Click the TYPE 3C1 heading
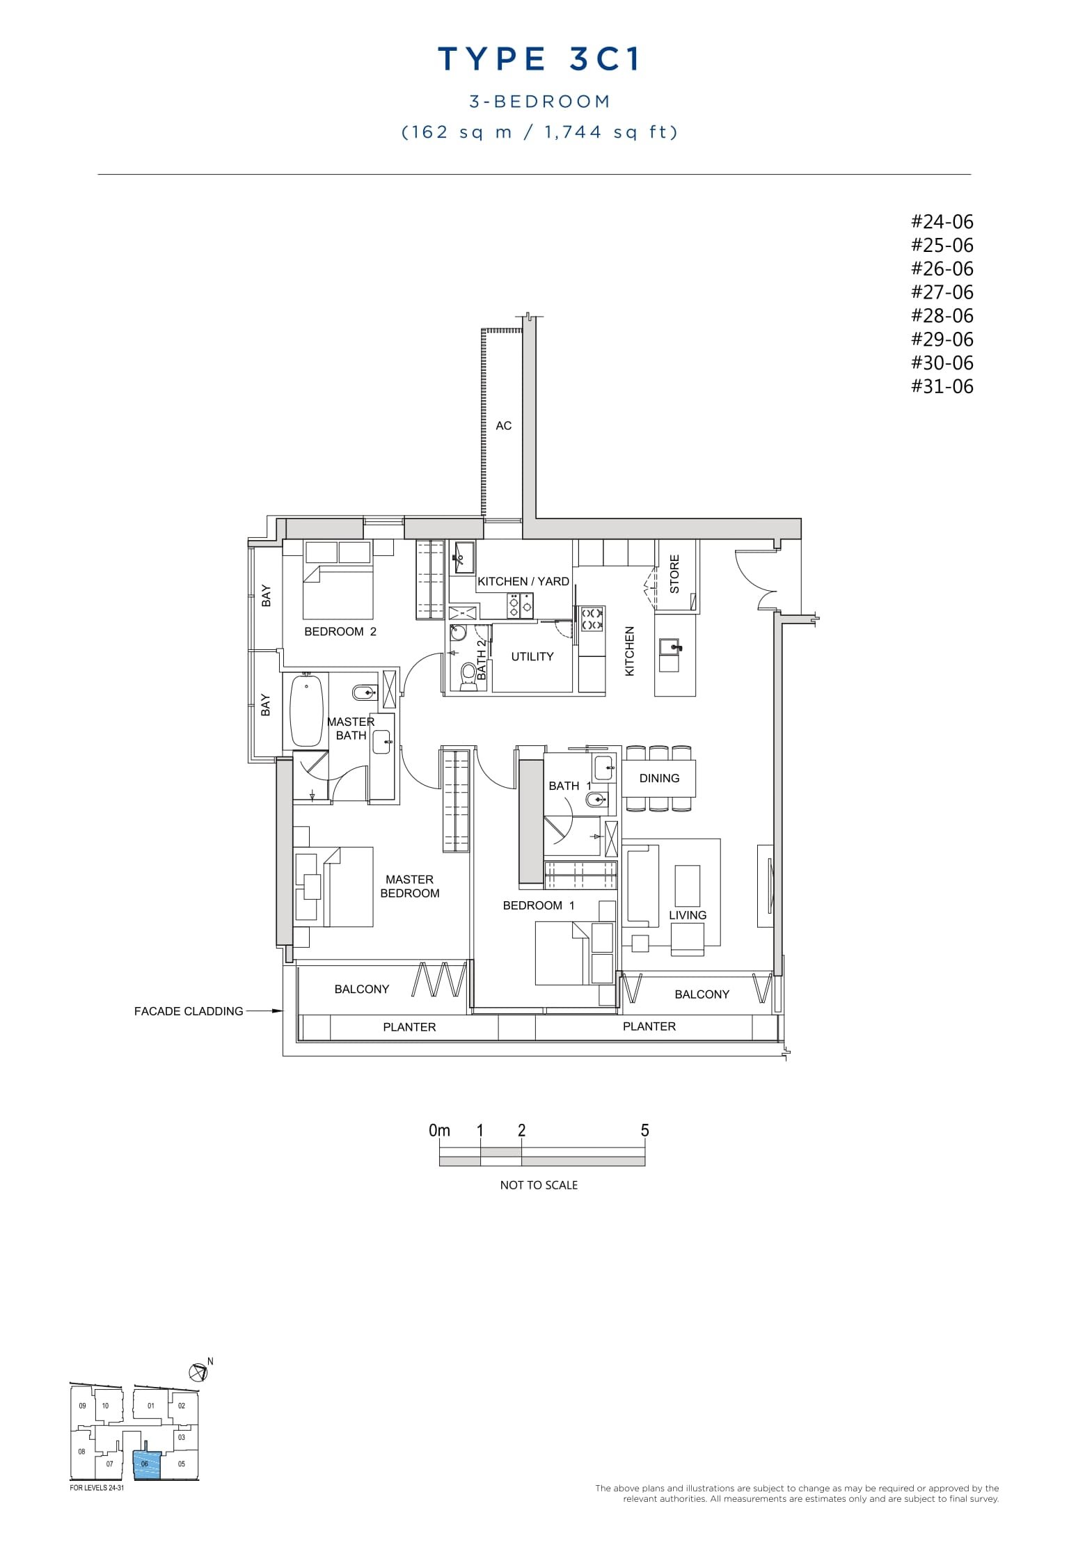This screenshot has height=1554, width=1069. click(x=539, y=60)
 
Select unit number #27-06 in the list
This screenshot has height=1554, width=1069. click(x=942, y=292)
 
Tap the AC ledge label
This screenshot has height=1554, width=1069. click(x=503, y=426)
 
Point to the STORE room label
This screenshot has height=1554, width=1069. click(x=674, y=574)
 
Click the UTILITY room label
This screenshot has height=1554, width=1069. click(x=532, y=656)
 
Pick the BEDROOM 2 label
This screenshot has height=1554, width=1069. click(x=340, y=632)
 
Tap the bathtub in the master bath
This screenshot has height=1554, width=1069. click(x=307, y=709)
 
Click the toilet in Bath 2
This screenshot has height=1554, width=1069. click(x=468, y=674)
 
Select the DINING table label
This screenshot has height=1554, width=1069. click(x=659, y=778)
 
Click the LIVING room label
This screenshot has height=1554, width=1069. click(x=688, y=915)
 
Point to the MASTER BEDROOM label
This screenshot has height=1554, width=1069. click(x=410, y=887)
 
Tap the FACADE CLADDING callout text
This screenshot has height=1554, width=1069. click(x=189, y=1011)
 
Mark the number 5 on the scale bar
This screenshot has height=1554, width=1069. click(x=644, y=1131)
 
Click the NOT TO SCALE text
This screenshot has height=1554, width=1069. click(x=539, y=1185)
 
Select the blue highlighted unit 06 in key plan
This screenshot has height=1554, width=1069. click(x=146, y=1464)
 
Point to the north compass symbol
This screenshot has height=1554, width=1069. click(x=198, y=1372)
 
